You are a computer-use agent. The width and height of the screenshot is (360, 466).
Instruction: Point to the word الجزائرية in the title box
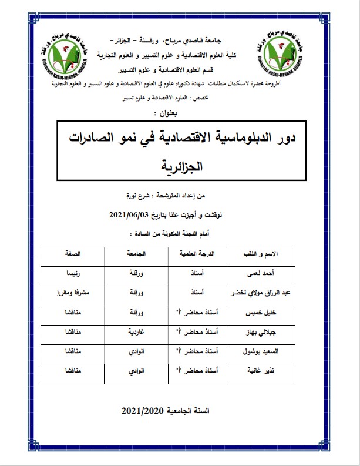click(180, 165)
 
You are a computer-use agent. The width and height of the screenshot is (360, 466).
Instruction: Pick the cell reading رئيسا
click(73, 273)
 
